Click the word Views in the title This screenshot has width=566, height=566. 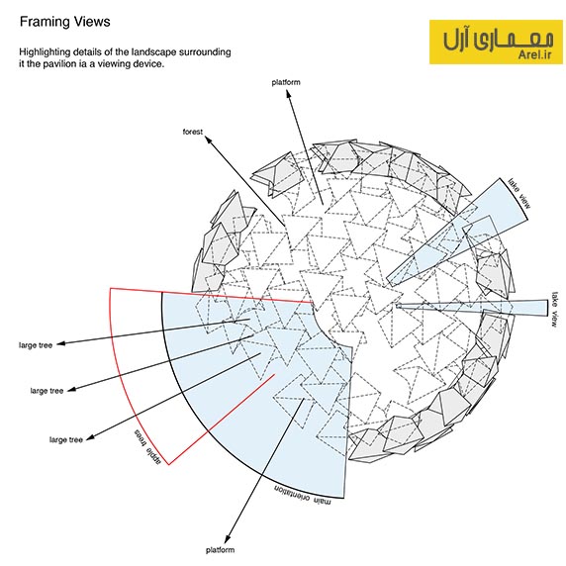(x=92, y=22)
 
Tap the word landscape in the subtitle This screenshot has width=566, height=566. (x=153, y=52)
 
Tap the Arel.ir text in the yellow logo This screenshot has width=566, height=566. (x=535, y=54)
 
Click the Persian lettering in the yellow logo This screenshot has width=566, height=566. (x=498, y=39)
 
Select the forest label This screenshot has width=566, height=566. (x=193, y=132)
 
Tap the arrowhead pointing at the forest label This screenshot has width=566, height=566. (x=209, y=140)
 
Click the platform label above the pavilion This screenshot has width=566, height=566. (x=286, y=83)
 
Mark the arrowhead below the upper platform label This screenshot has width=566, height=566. (x=288, y=94)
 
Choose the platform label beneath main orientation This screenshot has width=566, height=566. (x=221, y=550)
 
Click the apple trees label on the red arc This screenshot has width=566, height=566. (x=147, y=446)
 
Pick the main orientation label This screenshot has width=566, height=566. (x=302, y=494)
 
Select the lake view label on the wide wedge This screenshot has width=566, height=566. (x=519, y=194)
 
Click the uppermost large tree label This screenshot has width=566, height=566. (x=36, y=345)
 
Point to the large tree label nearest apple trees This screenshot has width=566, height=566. (x=66, y=439)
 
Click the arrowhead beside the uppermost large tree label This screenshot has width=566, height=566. (x=61, y=343)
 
